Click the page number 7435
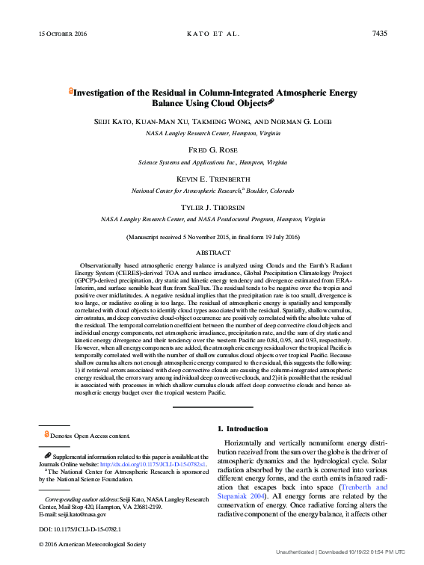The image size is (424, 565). (x=379, y=34)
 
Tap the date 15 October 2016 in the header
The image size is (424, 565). (x=62, y=34)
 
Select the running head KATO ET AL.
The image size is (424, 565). (x=212, y=34)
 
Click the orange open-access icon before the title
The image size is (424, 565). (x=71, y=90)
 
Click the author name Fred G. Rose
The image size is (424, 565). (x=212, y=149)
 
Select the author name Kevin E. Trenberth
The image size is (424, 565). (x=212, y=179)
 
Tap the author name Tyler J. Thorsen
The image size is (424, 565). (x=212, y=207)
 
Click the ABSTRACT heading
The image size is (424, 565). (x=213, y=253)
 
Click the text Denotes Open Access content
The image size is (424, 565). (x=89, y=436)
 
